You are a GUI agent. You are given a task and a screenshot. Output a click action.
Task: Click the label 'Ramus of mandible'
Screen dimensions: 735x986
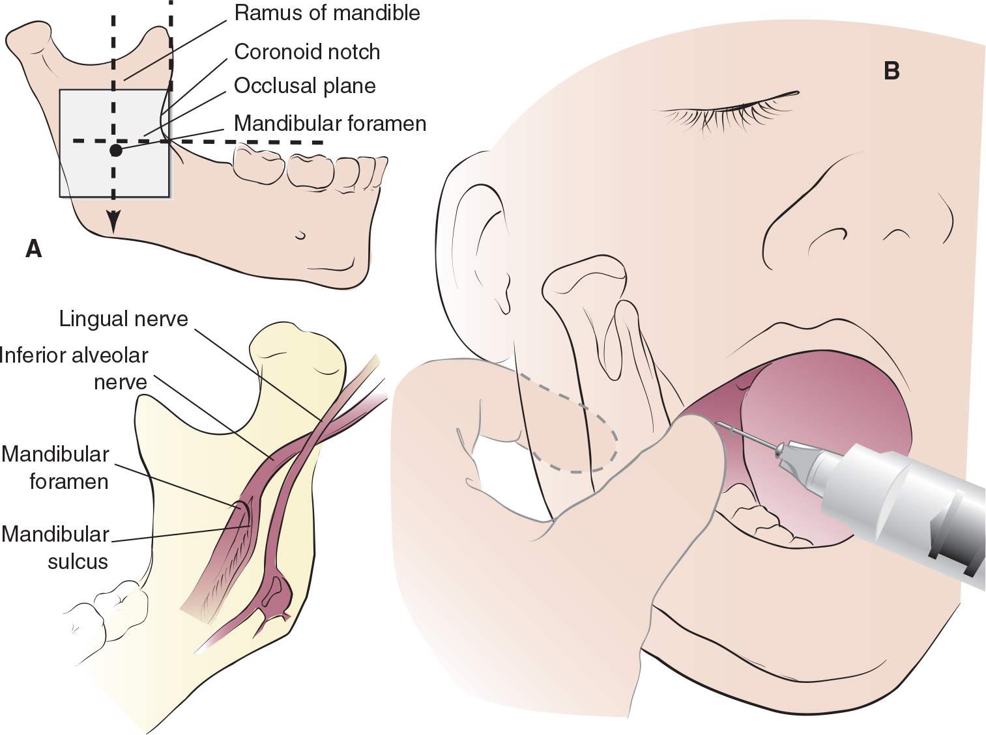click(x=326, y=13)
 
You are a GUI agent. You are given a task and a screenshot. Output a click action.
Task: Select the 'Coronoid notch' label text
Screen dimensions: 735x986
click(x=306, y=51)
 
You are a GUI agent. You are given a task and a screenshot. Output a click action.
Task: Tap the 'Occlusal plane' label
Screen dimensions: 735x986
click(x=304, y=86)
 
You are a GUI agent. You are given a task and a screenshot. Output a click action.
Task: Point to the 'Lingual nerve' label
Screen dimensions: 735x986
click(x=123, y=318)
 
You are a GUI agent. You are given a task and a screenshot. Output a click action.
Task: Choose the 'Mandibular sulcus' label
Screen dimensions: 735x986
click(x=56, y=548)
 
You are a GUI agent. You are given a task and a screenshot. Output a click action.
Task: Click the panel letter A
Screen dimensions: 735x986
click(x=33, y=248)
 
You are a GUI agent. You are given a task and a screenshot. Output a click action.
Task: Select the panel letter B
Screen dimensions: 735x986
click(x=892, y=70)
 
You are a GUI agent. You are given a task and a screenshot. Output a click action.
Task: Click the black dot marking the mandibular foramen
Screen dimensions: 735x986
click(x=115, y=150)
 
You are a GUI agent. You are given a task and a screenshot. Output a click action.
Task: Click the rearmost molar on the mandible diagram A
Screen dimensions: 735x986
click(x=259, y=166)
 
